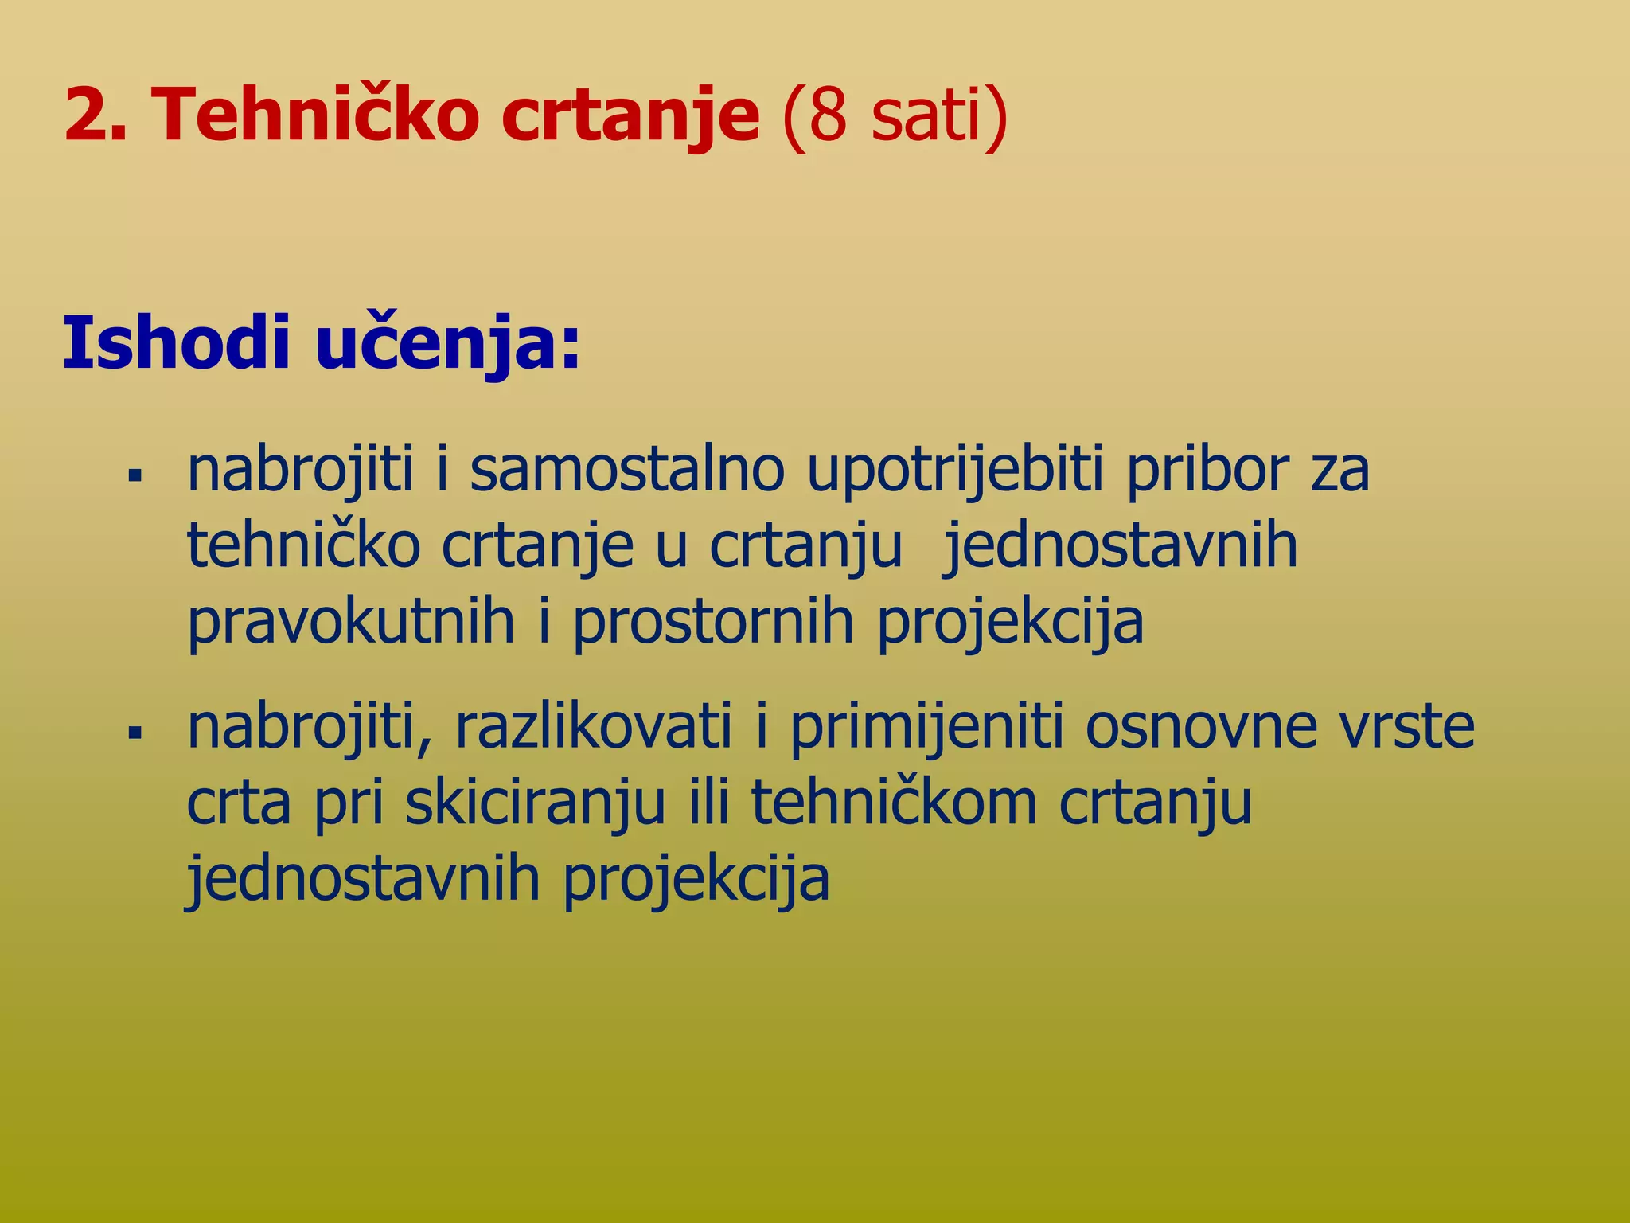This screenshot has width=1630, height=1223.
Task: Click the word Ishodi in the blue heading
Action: click(x=175, y=344)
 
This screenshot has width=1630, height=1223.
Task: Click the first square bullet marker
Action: click(x=135, y=477)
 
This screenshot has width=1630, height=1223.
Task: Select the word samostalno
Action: click(x=627, y=470)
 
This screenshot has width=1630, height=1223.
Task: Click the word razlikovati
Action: click(x=593, y=726)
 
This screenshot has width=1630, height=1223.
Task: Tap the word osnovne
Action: click(x=1201, y=726)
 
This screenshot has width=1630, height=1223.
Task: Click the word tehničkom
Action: click(x=894, y=803)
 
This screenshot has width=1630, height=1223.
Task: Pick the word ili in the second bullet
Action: click(x=708, y=803)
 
